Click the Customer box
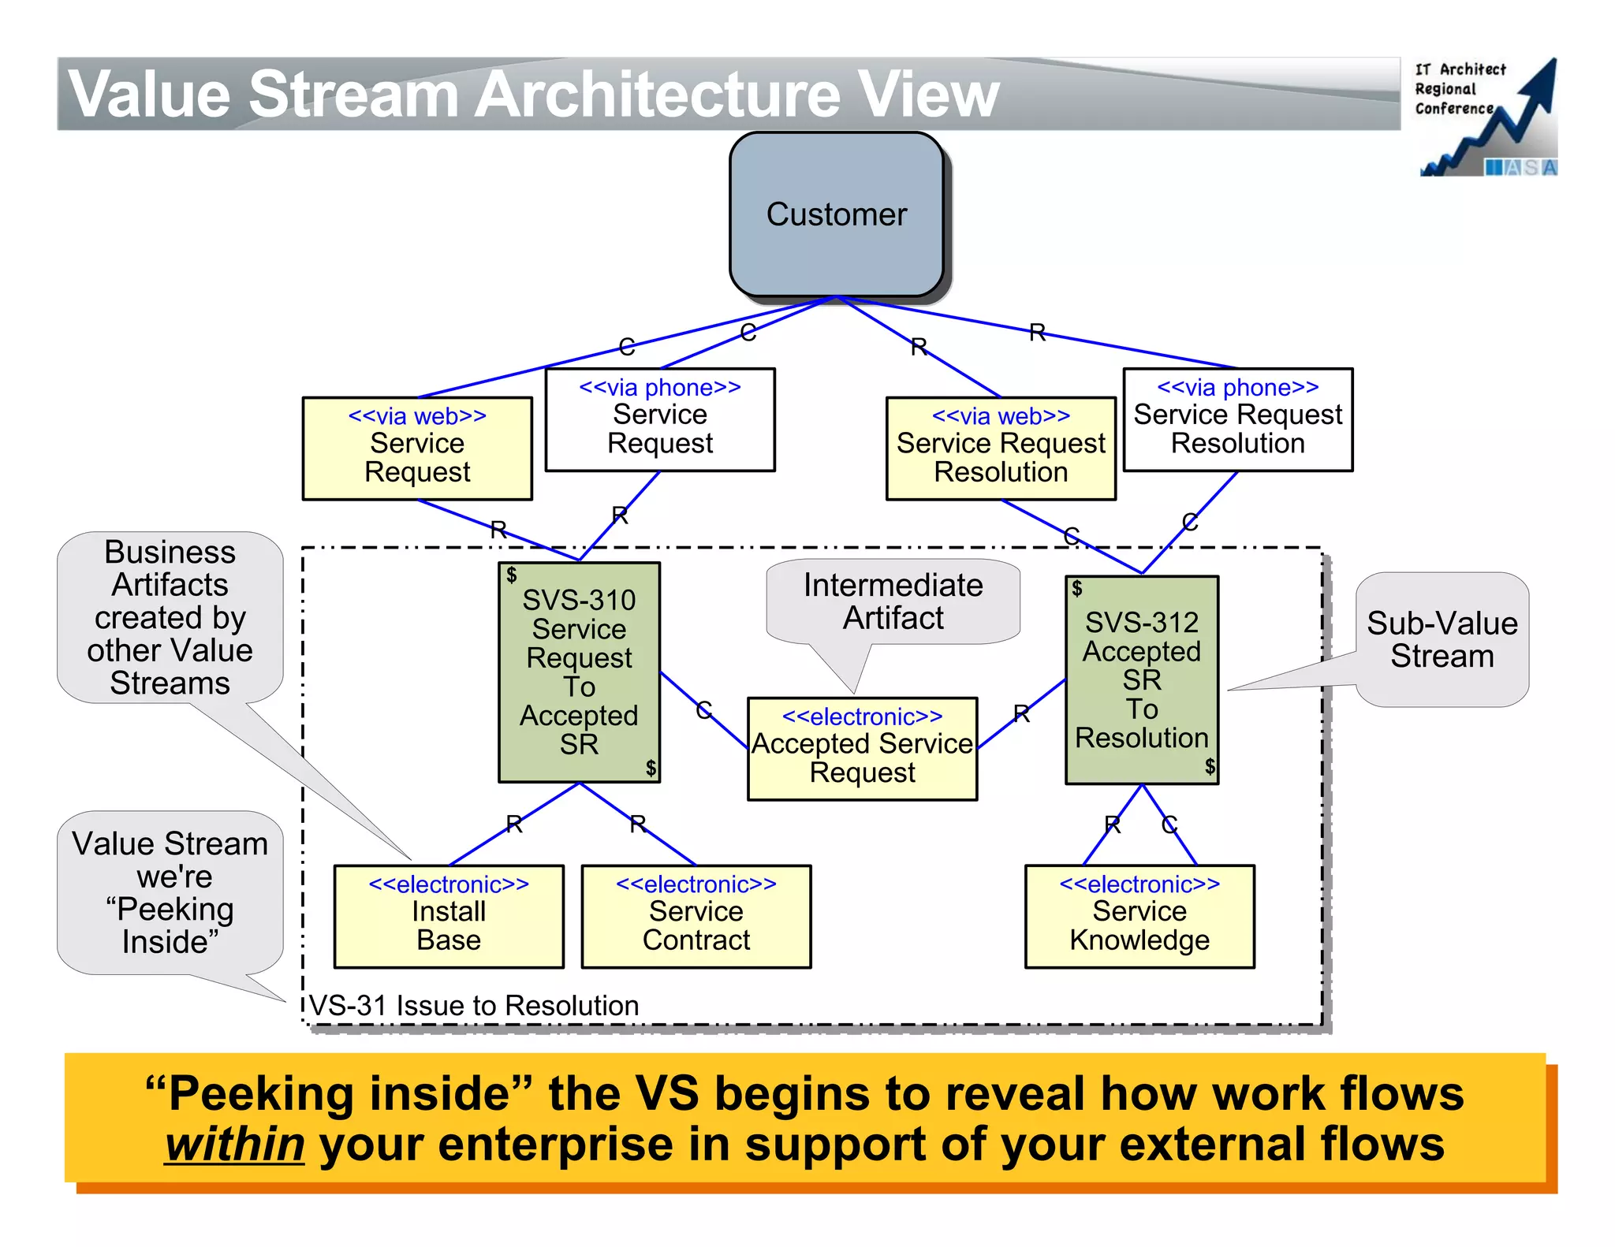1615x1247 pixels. pyautogui.click(x=837, y=214)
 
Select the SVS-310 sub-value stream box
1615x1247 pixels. pyautogui.click(x=579, y=672)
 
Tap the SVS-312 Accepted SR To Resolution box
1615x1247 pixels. pyautogui.click(x=1141, y=679)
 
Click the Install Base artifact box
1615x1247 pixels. pyautogui.click(x=449, y=917)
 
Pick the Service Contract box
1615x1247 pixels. pyautogui.click(x=696, y=917)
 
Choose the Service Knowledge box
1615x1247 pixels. pyautogui.click(x=1139, y=917)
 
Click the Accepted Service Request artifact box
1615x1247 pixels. pyautogui.click(x=862, y=749)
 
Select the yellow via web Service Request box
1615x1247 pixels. pyautogui.click(x=417, y=449)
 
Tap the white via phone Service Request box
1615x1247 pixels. pyautogui.click(x=660, y=420)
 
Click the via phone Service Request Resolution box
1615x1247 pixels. pyautogui.click(x=1237, y=420)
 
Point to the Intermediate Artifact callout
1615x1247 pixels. pyautogui.click(x=893, y=601)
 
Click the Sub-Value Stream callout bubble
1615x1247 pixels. pyautogui.click(x=1442, y=639)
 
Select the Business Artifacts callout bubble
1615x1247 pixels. pyautogui.click(x=170, y=617)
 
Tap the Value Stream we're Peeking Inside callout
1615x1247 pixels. pyautogui.click(x=170, y=892)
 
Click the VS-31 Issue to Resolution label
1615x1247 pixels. pyautogui.click(x=474, y=1006)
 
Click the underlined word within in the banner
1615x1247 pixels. pyautogui.click(x=235, y=1145)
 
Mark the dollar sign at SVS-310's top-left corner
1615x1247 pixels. pyautogui.click(x=512, y=575)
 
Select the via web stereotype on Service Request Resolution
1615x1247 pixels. pyautogui.click(x=1001, y=415)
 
